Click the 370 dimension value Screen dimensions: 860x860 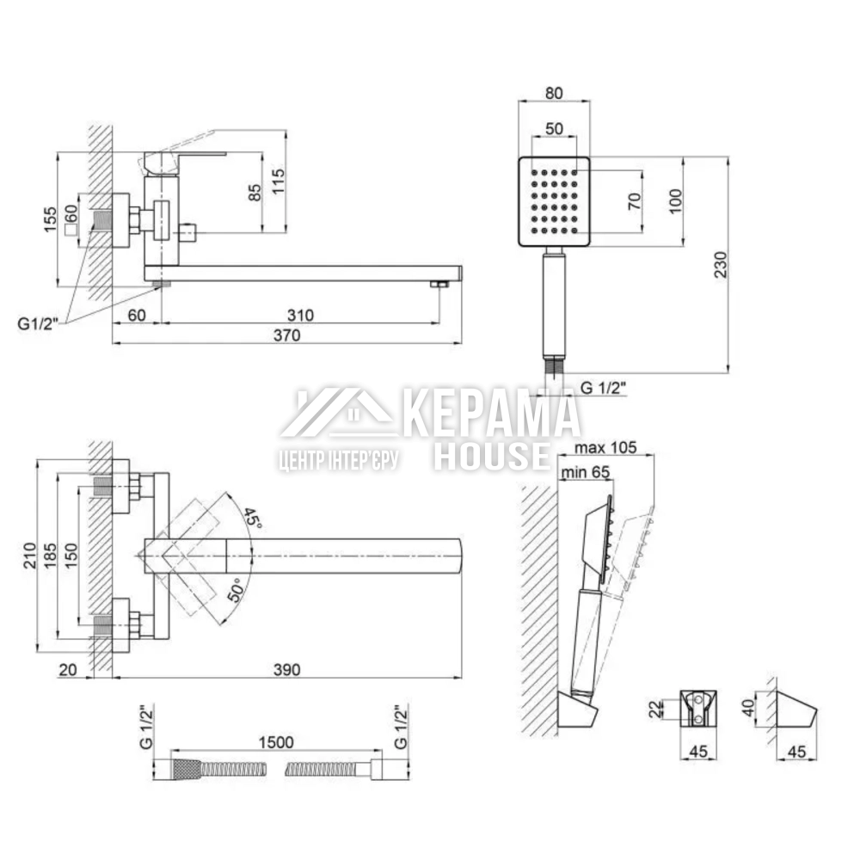point(287,335)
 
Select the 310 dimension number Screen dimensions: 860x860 point(300,315)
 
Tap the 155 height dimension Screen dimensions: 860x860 point(50,219)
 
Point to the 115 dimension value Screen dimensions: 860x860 point(279,181)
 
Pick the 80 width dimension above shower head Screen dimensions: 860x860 point(554,93)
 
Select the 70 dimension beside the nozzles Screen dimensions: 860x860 point(634,200)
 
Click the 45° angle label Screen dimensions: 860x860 point(252,518)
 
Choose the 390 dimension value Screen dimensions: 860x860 point(287,669)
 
